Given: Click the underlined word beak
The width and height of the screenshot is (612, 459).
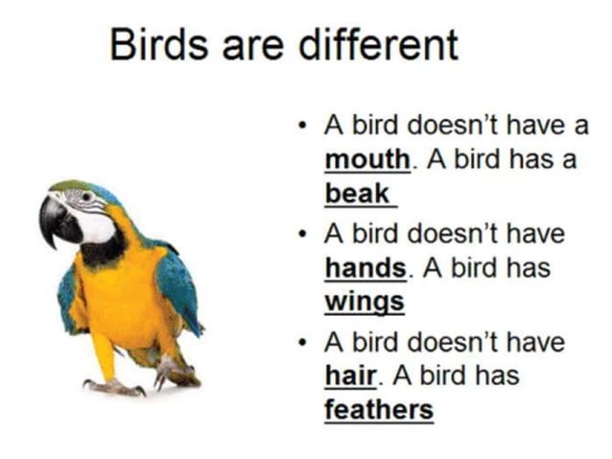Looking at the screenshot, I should point(357,193).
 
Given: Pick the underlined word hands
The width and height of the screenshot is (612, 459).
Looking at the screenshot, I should point(366,267).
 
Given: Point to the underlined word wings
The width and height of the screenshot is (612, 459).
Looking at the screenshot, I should point(364,302).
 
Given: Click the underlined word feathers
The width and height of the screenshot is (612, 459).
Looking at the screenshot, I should point(378,410).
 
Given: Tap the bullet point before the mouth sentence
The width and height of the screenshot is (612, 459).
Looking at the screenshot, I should point(302,125).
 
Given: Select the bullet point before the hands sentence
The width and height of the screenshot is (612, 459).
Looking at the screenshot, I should point(302,234).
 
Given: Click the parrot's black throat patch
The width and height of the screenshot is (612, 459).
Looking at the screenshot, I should point(101,252).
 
